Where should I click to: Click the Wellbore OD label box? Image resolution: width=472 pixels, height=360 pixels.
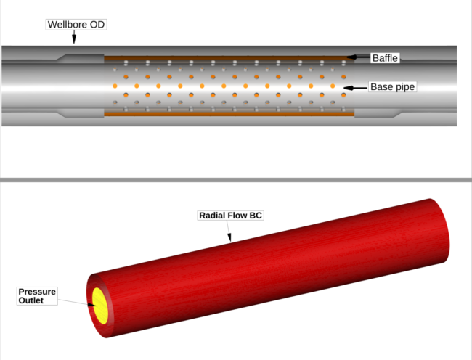[76, 25]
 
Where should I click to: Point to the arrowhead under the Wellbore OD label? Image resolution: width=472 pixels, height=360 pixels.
[74, 38]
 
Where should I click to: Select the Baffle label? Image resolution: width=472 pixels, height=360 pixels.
[385, 58]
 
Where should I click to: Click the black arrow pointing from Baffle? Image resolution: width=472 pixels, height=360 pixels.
[359, 57]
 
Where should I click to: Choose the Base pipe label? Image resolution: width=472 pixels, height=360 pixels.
[393, 86]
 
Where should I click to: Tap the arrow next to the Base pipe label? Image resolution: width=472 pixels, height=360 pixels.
[356, 88]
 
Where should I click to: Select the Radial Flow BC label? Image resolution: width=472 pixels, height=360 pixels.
[231, 216]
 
